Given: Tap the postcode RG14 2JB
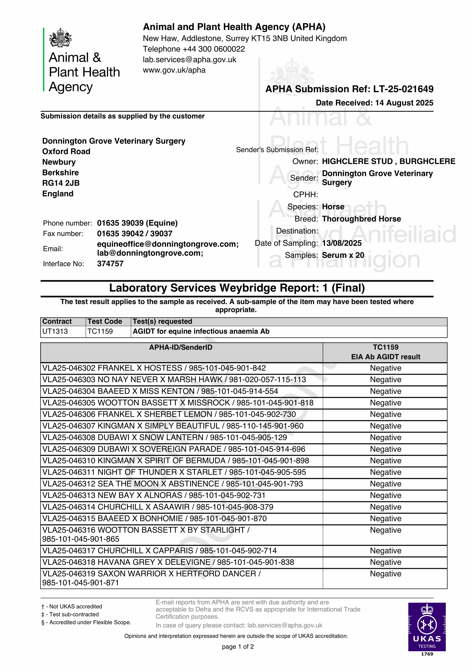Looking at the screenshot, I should (61, 183).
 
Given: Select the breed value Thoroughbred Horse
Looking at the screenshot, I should (361, 219).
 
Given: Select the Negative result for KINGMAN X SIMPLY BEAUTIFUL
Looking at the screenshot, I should (385, 426).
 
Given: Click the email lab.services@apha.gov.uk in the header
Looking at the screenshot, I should (189, 59).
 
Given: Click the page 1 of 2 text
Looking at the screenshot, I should (238, 647).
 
